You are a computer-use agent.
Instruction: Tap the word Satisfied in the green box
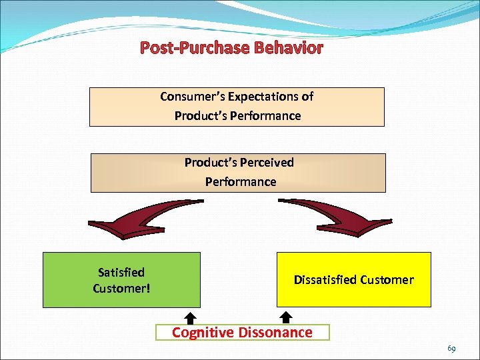[x=121, y=272]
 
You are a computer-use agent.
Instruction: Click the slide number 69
[x=451, y=349]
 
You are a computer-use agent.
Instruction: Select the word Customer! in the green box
[x=121, y=289]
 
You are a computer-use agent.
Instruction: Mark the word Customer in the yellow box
[x=387, y=280]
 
